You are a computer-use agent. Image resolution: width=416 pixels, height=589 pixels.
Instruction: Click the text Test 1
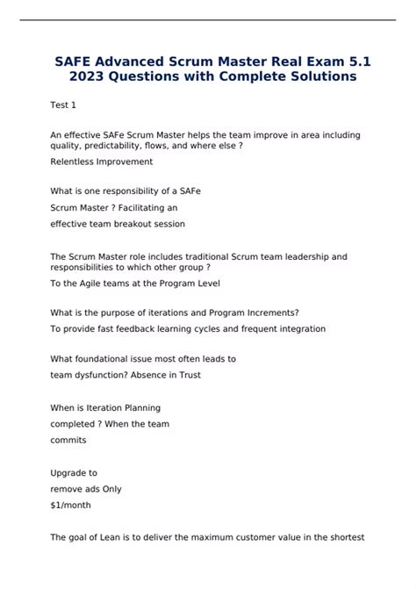[63, 105]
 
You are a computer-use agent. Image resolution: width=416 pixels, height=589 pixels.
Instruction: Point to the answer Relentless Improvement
[102, 162]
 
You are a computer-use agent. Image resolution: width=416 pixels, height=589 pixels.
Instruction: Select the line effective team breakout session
[118, 224]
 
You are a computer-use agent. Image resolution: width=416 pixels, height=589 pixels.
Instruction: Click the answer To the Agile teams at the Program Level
[135, 283]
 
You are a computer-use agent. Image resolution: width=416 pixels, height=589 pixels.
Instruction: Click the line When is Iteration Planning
[105, 407]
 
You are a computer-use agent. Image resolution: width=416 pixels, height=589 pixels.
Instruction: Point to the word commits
[68, 440]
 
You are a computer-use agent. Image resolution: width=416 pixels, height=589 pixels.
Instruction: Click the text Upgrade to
[74, 472]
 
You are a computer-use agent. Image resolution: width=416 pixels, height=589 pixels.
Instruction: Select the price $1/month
[71, 505]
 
